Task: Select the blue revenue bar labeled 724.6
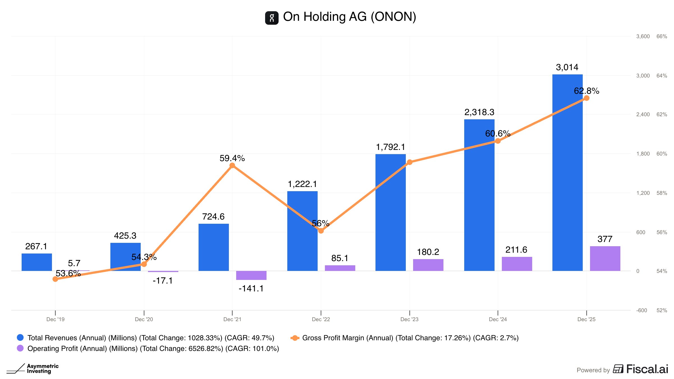[x=213, y=247]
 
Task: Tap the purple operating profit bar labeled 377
[x=605, y=259]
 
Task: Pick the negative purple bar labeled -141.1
[x=251, y=275]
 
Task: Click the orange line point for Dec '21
[x=232, y=165]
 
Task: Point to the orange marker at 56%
[x=321, y=231]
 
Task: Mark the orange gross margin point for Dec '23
[x=409, y=162]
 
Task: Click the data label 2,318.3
[x=479, y=112]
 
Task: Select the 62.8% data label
[x=586, y=91]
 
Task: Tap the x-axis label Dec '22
[x=321, y=319]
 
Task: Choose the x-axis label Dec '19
[x=55, y=319]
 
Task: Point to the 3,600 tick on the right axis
[x=643, y=36]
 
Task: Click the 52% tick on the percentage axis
[x=662, y=310]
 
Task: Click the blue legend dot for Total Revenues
[x=20, y=337]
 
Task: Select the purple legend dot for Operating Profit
[x=20, y=348]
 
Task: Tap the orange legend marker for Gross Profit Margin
[x=295, y=338]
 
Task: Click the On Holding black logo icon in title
[x=272, y=18]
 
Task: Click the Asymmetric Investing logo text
[x=43, y=369]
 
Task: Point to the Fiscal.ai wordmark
[x=647, y=369]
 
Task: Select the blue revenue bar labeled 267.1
[x=37, y=262]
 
